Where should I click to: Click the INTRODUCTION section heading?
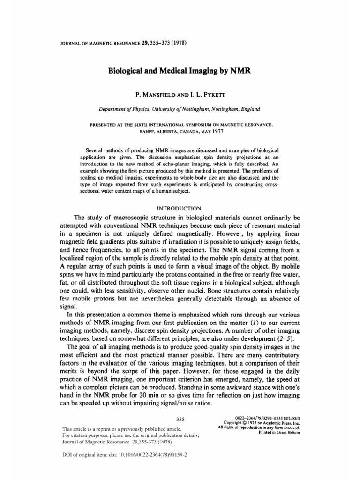click(180, 208)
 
